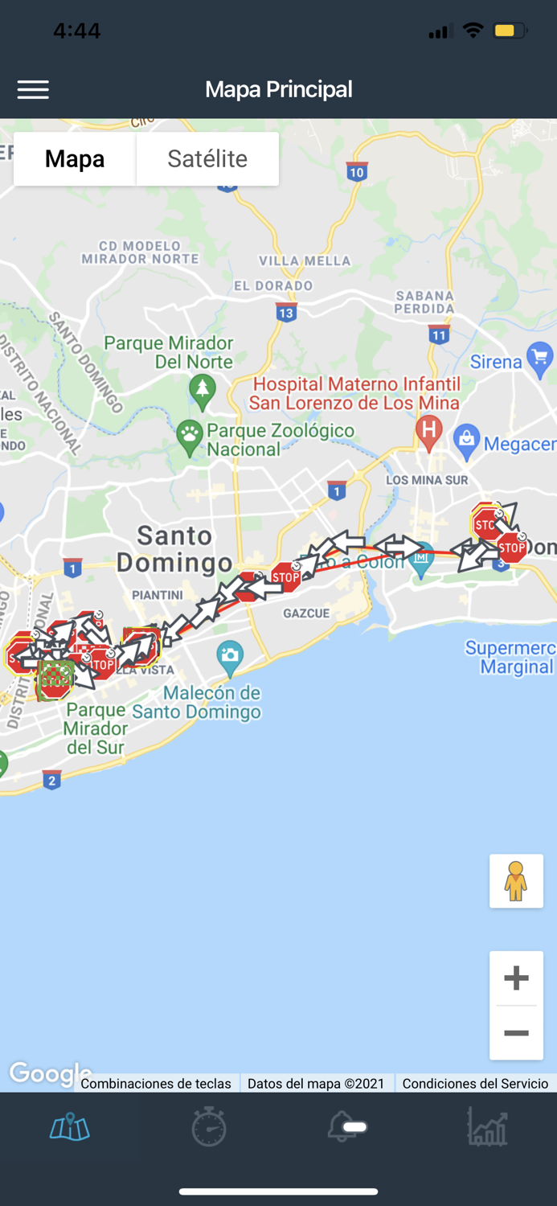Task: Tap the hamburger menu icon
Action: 33,89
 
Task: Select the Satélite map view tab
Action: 207,159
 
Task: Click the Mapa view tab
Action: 75,159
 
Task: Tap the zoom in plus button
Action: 516,978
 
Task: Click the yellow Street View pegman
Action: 516,881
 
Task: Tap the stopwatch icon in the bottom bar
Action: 209,1126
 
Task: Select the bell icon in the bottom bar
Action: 346,1127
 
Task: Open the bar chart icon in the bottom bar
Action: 487,1126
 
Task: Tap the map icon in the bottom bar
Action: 70,1127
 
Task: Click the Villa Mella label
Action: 305,260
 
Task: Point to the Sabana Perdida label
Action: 424,302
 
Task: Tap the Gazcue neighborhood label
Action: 306,613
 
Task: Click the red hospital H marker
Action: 429,431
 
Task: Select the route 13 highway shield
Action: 286,313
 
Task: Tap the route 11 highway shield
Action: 438,335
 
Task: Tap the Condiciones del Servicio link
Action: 475,1084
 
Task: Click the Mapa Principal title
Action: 278,89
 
